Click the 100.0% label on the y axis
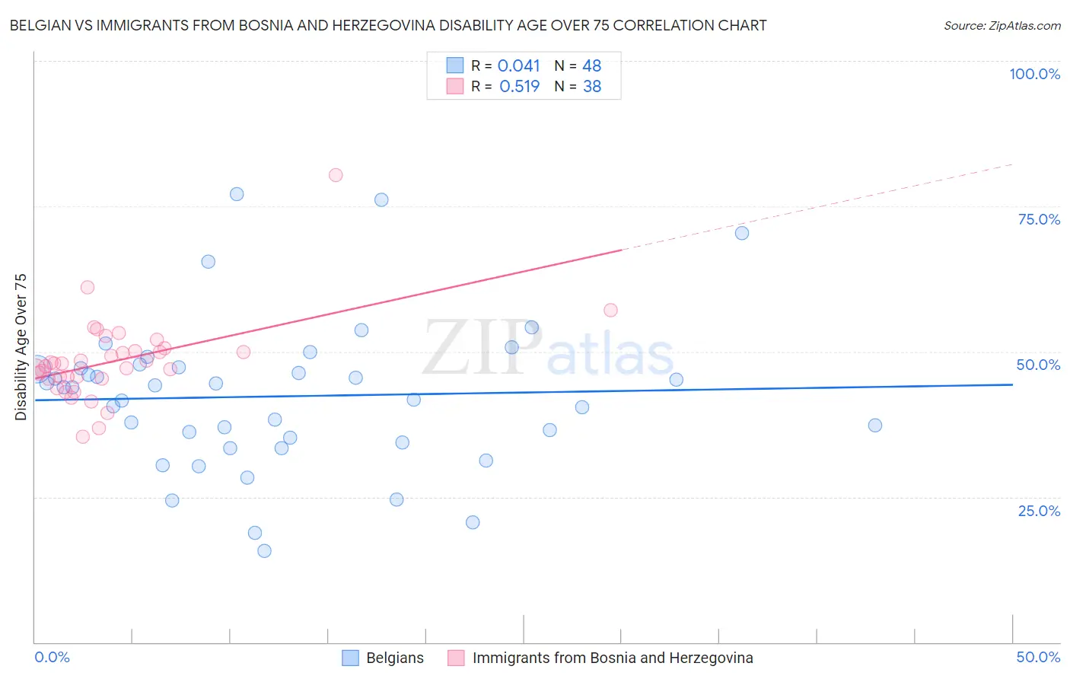pos(1034,74)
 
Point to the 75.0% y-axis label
pos(1039,219)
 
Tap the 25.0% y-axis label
pos(1039,511)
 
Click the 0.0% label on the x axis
pos(52,657)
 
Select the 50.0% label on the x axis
pos(1038,657)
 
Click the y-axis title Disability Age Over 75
pos(21,346)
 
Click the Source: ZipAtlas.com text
pos(1002,26)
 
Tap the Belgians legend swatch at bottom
pos(350,658)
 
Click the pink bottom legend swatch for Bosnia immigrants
pos(456,658)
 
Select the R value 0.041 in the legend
pos(518,66)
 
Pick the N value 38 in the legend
pos(592,87)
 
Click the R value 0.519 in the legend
pos(519,87)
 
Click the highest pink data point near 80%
pos(336,175)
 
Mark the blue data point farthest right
pos(875,426)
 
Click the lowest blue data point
pos(264,551)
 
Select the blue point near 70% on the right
pos(742,233)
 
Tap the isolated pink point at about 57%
pos(610,310)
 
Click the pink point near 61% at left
pos(88,287)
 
